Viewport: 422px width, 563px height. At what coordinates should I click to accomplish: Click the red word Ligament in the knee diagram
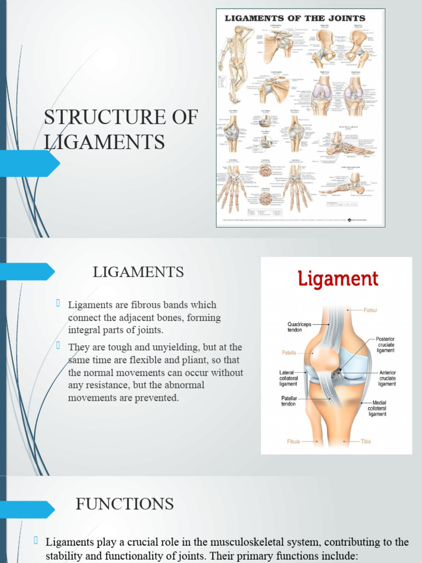337,279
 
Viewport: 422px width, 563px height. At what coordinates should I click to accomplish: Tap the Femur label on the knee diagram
370,310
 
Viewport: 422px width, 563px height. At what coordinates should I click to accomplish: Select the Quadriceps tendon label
299,327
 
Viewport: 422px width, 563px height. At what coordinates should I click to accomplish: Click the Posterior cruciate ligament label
385,345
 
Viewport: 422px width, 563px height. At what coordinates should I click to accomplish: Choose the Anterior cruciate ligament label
387,378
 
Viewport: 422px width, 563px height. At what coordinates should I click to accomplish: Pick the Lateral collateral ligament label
288,378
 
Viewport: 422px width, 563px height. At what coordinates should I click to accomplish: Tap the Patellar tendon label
288,400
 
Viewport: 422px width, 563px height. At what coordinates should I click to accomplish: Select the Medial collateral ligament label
379,408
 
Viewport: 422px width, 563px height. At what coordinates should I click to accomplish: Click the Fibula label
293,441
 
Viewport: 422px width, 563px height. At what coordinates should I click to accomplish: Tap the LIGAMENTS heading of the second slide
138,272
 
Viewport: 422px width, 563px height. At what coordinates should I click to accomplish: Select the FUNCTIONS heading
125,504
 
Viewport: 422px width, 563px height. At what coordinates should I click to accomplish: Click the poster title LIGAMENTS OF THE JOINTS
295,18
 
